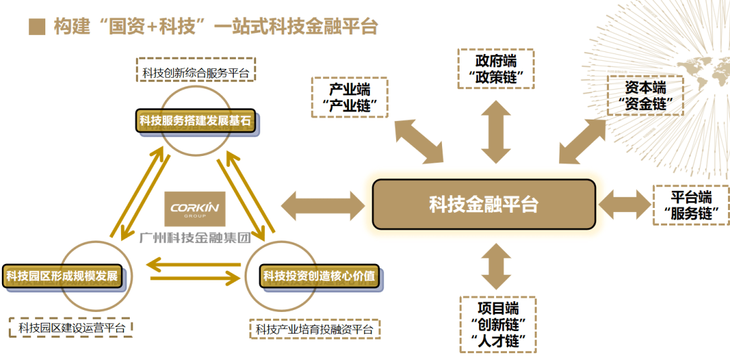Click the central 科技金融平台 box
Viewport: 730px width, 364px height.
(x=484, y=204)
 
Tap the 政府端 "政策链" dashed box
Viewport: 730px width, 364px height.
(x=495, y=69)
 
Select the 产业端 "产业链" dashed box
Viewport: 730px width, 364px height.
(x=349, y=97)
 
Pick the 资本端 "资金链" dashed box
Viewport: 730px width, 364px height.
(x=645, y=96)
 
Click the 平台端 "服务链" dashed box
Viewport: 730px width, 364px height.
(x=691, y=205)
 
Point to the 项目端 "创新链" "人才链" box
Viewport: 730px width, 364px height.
(x=497, y=324)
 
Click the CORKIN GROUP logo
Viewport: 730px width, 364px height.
(x=195, y=209)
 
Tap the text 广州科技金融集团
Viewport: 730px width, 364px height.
(x=195, y=237)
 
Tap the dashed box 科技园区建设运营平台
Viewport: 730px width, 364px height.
(x=72, y=328)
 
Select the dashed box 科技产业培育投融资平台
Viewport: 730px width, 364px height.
(x=314, y=330)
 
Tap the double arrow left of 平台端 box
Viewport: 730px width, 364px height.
(x=625, y=205)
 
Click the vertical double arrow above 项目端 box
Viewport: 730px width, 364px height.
(x=496, y=266)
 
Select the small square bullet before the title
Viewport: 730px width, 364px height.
(x=36, y=26)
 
